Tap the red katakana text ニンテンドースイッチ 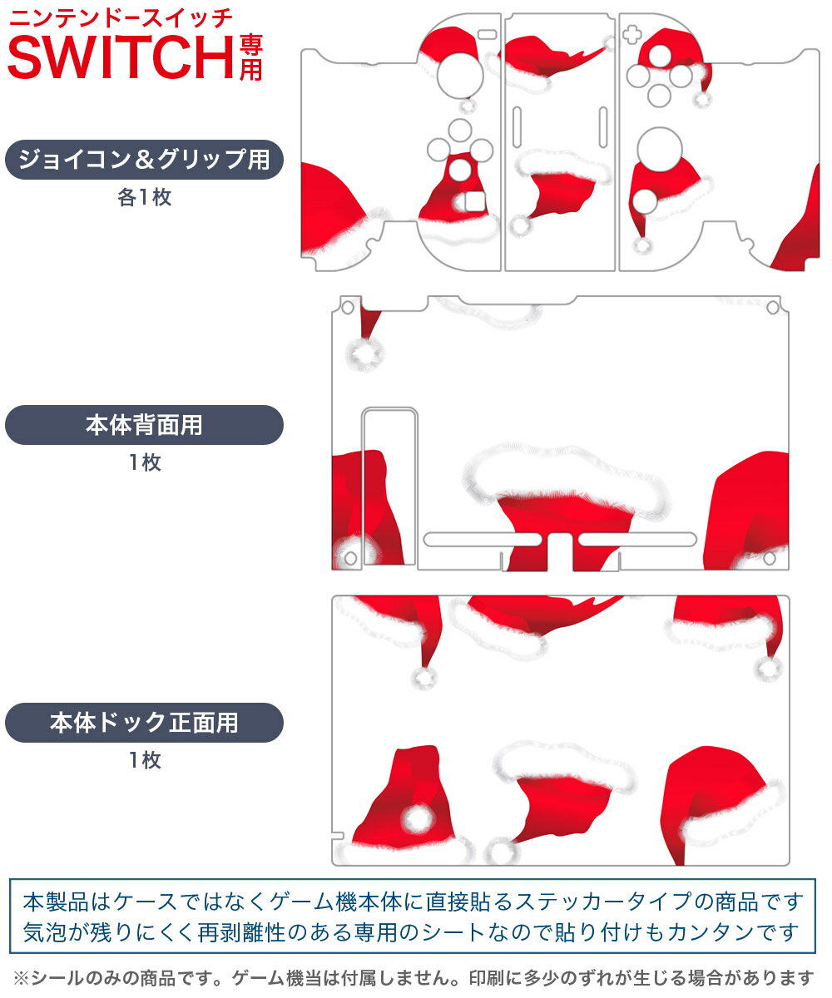pos(120,17)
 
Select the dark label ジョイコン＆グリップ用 pos(144,160)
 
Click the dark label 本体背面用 pos(144,425)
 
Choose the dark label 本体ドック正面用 pos(144,723)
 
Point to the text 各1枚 pos(144,198)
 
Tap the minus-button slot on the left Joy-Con pos(488,35)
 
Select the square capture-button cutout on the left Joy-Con pos(473,202)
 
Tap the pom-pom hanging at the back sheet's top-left pos(365,354)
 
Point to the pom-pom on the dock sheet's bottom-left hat pos(419,820)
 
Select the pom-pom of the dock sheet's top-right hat pos(768,668)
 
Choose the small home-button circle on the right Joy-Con pos(644,200)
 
